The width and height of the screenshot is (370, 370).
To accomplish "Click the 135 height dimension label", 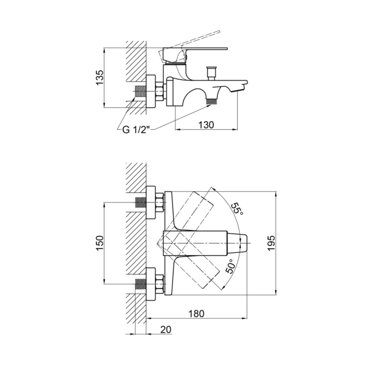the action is pos(100,78).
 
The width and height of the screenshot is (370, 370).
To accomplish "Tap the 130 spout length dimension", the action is pos(206,125).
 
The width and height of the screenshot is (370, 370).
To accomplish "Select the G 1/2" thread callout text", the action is pos(136,129).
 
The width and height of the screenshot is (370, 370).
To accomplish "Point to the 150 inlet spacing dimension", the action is pos(99,243).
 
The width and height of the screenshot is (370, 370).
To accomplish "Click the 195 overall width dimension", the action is pos(271,243).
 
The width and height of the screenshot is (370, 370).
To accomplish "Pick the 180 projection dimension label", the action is pos(196,314).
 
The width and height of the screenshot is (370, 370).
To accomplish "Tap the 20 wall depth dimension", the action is pos(166,329).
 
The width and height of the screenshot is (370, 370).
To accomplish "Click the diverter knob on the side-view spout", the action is pos(211,73).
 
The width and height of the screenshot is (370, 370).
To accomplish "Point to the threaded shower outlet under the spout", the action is pos(211,101).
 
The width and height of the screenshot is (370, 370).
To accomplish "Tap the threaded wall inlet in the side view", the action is pos(141,91).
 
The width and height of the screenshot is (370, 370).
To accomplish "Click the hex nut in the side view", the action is pos(160,91).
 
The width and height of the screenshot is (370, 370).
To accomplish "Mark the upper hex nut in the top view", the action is pos(160,203).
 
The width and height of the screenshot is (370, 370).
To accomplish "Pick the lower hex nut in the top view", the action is pos(160,284).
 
